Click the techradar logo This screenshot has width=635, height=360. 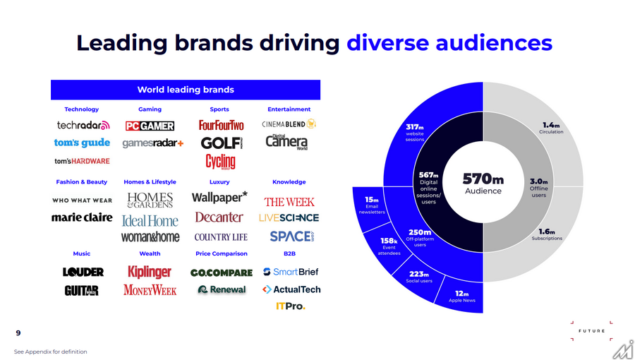(x=83, y=126)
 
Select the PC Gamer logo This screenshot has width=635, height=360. (x=150, y=126)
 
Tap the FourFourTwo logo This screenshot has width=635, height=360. (x=221, y=126)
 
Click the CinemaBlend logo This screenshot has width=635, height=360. (x=289, y=124)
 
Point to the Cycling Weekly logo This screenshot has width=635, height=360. (x=220, y=162)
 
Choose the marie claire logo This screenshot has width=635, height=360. (x=82, y=217)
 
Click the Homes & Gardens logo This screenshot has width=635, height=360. (x=150, y=200)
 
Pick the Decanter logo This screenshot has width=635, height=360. (x=219, y=217)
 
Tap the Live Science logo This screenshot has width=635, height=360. (x=289, y=217)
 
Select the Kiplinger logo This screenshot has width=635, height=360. (x=150, y=272)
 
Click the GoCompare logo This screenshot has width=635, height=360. (x=221, y=272)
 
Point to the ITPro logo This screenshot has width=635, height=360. (x=290, y=306)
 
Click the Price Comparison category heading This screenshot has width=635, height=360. (x=221, y=253)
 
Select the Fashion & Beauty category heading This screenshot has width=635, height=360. (x=82, y=182)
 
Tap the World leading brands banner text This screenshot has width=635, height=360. (x=186, y=90)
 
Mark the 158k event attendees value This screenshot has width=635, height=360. (x=389, y=241)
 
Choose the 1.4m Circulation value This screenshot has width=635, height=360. (x=551, y=125)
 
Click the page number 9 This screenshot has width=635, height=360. (x=18, y=333)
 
